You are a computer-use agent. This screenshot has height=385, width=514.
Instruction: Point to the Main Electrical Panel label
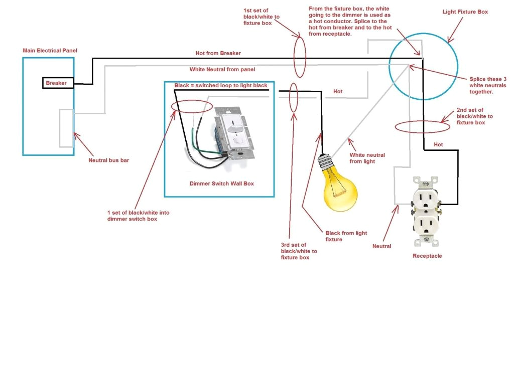point(50,51)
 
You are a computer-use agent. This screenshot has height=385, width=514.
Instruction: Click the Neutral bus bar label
point(109,161)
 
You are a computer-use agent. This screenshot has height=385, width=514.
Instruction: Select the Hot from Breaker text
point(218,53)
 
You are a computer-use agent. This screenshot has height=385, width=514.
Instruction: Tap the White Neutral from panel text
point(222,69)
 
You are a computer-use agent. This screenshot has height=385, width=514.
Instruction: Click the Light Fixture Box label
point(465,12)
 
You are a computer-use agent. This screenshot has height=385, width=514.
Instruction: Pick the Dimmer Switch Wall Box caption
point(221,183)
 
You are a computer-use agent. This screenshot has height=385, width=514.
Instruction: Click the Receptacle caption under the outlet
point(427,256)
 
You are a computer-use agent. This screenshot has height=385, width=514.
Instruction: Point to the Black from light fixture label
point(346,236)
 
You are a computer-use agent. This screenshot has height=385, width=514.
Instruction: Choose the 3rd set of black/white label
point(299,251)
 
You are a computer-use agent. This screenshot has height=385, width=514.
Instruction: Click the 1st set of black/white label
point(262,17)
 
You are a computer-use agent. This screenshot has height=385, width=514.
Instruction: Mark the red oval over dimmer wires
point(192,107)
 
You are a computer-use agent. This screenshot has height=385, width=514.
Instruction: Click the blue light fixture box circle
point(423,66)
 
